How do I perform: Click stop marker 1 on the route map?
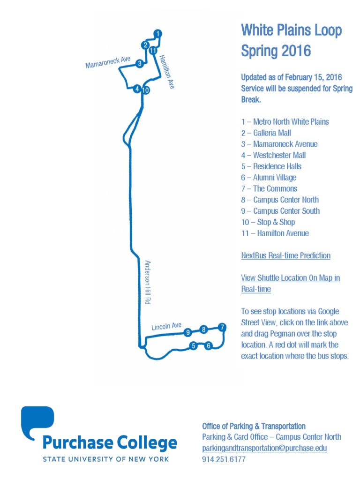pos(158,34)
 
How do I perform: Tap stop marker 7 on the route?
pos(222,327)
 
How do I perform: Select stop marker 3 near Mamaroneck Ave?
pos(139,64)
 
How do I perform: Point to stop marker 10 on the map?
pos(145,90)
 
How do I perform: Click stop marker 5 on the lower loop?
pos(193,346)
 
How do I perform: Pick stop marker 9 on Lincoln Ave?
pos(187,332)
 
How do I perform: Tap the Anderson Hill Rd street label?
pos(148,283)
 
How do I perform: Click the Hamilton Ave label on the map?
pos(166,72)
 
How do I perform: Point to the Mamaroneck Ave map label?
pos(108,62)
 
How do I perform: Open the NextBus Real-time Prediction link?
pos(285,255)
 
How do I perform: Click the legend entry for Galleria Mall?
pos(266,133)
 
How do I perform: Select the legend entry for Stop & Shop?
pos(268,222)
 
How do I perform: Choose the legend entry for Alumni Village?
pos(269,178)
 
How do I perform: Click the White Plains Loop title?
pos(291,31)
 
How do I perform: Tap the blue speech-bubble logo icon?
pos(37,422)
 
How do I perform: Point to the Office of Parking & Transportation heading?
pos(254,426)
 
